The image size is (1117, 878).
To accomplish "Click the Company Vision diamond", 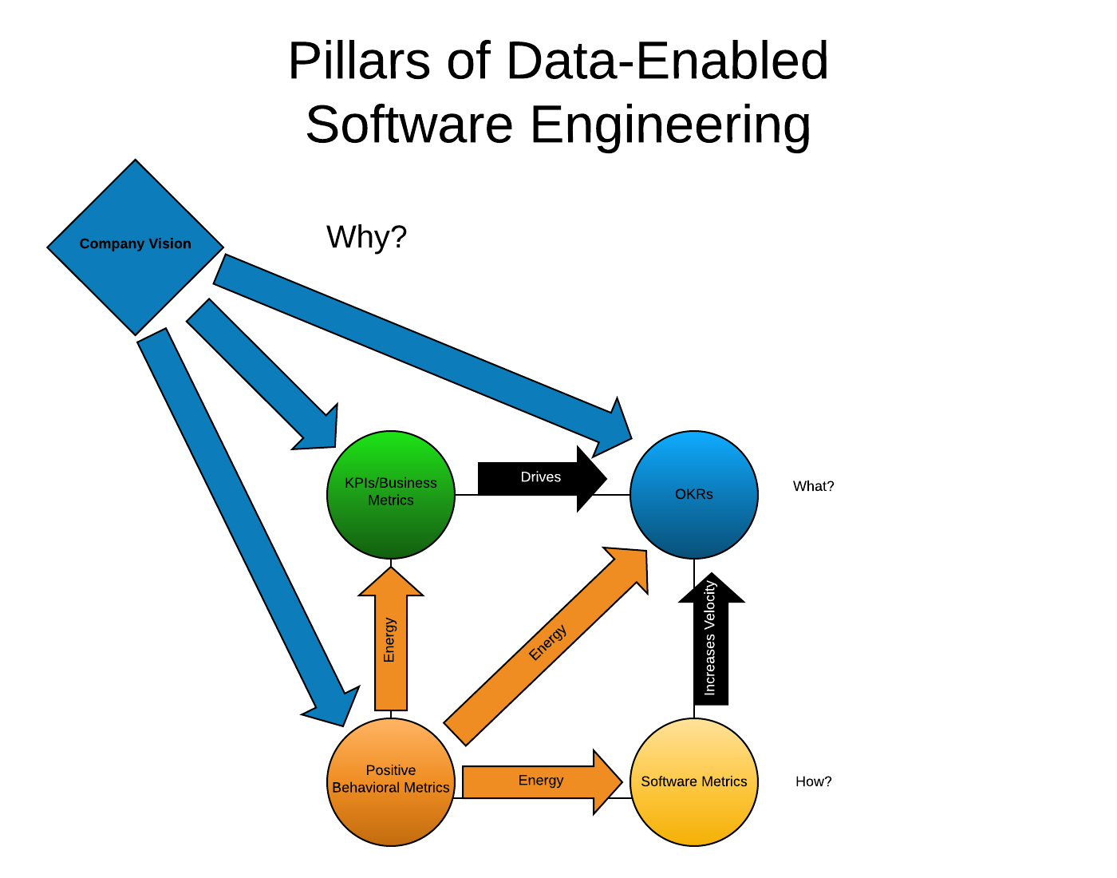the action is (135, 247).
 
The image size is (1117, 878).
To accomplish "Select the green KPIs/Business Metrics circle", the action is (391, 495).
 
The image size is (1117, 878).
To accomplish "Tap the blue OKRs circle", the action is (694, 495).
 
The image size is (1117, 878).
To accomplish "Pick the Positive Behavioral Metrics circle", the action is (391, 782).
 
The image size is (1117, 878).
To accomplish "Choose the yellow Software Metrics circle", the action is (694, 782).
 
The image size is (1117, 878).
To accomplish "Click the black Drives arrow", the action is (543, 479).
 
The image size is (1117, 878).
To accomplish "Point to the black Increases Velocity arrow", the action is (712, 639).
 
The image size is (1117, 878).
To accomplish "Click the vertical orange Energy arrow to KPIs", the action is (391, 639).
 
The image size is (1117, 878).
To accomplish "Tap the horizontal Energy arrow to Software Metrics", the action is (543, 782).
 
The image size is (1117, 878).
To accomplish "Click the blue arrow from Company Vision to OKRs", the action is (423, 356).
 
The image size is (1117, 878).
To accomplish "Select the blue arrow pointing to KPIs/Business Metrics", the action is (262, 374).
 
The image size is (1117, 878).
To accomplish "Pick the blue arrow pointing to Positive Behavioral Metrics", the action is (248, 527).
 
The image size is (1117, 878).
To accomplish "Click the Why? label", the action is (366, 237).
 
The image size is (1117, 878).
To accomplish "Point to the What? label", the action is (813, 486).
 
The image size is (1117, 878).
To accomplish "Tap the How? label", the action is (813, 782).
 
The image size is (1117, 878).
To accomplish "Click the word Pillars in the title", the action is (359, 61).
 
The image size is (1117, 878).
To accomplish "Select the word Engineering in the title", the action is (670, 125).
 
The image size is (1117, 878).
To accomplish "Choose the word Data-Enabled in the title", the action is (667, 61).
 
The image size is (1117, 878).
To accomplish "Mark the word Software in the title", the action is (409, 125).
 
